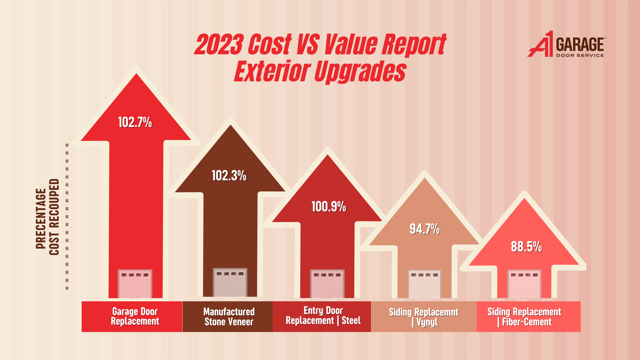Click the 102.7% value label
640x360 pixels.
click(135, 122)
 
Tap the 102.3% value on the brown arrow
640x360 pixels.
click(229, 176)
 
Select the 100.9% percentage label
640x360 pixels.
click(329, 207)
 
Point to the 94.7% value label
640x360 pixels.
click(424, 229)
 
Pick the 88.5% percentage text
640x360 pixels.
click(526, 247)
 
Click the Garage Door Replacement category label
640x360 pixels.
click(135, 316)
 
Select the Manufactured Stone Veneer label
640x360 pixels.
click(229, 317)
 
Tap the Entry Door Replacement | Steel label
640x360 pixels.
click(323, 316)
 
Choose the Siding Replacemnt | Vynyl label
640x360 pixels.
click(424, 317)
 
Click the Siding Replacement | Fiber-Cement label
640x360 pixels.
click(524, 317)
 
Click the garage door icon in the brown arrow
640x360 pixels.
click(230, 282)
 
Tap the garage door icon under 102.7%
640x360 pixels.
click(135, 284)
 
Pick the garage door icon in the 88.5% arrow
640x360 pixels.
click(524, 284)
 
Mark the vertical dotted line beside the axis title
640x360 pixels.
click(67, 217)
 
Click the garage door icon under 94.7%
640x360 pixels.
click(424, 284)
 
